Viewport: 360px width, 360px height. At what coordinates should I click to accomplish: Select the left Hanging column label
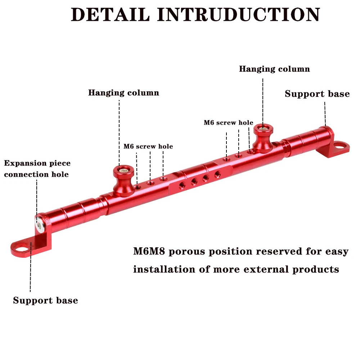123,93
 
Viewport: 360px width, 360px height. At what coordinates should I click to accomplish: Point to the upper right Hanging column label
274,69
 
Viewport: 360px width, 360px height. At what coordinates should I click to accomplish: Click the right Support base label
317,94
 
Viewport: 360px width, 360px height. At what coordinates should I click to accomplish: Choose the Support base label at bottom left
45,301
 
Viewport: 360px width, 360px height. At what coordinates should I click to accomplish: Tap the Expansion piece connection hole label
37,169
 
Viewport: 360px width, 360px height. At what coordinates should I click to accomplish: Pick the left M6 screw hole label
148,147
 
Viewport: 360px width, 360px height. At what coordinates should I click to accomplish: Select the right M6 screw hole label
228,123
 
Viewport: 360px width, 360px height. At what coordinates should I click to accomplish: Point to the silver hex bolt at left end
39,225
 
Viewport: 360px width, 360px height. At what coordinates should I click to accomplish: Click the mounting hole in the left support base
22,248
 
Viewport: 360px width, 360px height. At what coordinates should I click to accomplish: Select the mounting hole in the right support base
341,146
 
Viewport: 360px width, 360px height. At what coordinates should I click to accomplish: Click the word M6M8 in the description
149,251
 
